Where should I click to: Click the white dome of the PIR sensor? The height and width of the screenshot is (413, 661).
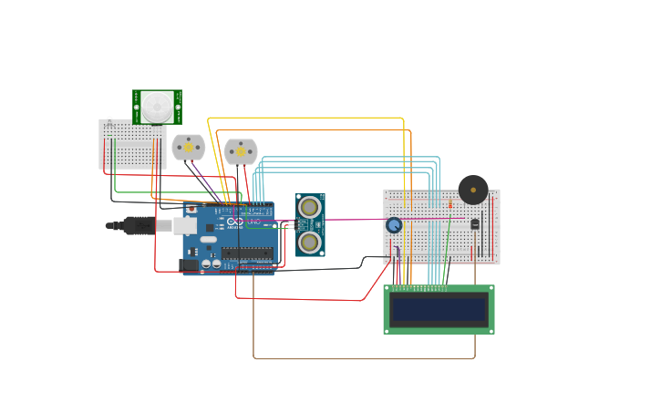point(156,108)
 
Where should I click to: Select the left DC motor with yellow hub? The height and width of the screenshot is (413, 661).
point(189,147)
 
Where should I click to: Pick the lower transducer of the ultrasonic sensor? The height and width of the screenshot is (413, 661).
point(310,242)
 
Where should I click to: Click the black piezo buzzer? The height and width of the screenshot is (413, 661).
point(473,190)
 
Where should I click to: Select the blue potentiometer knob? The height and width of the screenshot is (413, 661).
point(394,225)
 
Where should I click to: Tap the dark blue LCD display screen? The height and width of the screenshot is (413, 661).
point(439,309)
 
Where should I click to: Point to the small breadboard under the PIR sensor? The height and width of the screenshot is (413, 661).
point(132,146)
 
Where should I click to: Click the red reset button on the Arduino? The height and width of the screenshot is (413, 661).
point(191,210)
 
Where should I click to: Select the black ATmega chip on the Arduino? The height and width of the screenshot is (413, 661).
point(246,253)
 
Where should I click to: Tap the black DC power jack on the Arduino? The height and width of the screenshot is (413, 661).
point(190,265)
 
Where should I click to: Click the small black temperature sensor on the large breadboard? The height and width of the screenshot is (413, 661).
point(475,224)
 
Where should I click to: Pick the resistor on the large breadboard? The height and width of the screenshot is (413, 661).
point(449,203)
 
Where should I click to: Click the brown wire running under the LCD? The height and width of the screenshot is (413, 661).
point(365,358)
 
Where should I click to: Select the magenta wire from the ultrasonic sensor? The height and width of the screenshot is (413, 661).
point(356,219)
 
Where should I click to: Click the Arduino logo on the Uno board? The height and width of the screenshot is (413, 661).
point(235,222)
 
